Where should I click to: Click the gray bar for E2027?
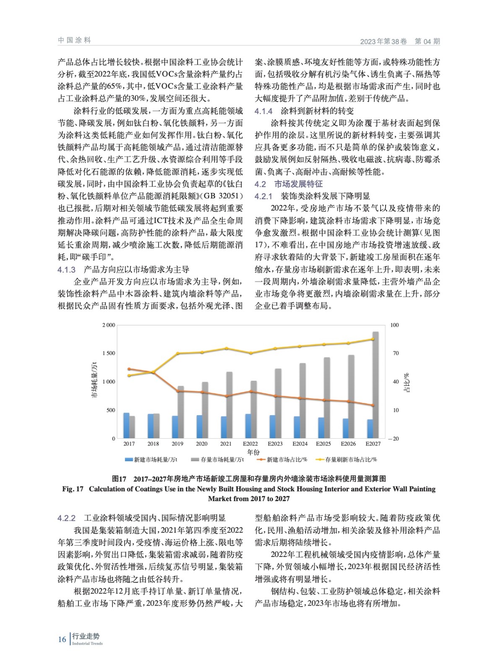coord(375,385)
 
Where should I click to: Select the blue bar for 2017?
coord(126,425)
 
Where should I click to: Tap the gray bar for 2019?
coord(181,412)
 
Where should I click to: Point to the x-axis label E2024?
coord(300,444)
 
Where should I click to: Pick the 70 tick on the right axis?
coord(396,354)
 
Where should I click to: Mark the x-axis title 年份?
coord(253,452)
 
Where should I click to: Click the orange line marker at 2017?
coord(129,369)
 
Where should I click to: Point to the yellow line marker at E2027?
coord(373,339)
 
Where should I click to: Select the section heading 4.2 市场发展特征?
coord(289,184)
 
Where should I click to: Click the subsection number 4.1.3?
coord(66,270)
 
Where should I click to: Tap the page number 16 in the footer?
coord(62,639)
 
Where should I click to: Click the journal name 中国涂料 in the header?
coord(74,40)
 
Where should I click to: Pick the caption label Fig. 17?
coord(73,489)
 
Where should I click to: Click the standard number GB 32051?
coord(217,196)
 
